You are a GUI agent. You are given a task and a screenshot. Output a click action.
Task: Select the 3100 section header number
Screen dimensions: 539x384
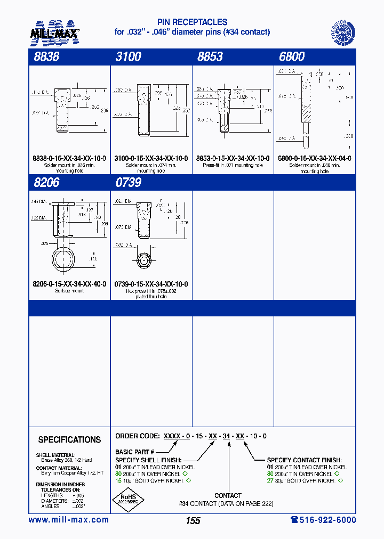coord(129,56)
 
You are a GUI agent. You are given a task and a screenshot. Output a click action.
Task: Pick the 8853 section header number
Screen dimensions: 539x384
coord(210,56)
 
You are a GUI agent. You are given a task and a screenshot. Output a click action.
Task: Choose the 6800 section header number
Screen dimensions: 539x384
coord(292,56)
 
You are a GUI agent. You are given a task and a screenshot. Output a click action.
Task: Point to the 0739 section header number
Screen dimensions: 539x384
coord(129,183)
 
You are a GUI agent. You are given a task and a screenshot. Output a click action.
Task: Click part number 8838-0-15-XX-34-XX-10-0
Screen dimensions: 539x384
coord(69,158)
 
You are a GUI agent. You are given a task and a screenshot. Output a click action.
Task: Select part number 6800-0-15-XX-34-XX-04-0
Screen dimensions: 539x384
coord(314,158)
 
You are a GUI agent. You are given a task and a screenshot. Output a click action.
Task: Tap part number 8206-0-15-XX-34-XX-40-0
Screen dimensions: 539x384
coord(69,284)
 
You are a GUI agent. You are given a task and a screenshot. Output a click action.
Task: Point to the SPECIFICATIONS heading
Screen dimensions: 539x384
coord(69,440)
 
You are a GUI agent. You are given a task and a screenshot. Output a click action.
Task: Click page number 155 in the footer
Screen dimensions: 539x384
coord(193,521)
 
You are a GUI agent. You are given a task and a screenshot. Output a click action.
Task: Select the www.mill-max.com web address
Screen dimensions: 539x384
coord(69,520)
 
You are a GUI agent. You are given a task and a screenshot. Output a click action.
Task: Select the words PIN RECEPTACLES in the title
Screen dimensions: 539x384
coord(192,22)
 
